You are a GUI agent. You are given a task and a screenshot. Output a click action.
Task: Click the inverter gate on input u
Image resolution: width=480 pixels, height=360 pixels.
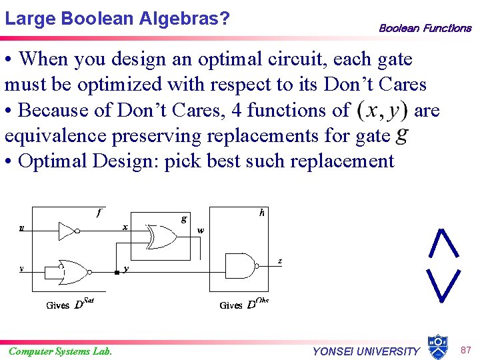point(68,231)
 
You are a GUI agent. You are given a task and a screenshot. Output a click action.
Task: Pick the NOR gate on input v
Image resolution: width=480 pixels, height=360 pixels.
point(73,270)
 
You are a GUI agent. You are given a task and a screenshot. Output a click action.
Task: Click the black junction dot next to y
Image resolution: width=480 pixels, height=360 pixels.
point(117,272)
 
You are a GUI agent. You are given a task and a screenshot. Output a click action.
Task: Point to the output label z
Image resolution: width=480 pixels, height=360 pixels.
point(280,261)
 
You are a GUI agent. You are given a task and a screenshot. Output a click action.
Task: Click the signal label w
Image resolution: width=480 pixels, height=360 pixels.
point(200,231)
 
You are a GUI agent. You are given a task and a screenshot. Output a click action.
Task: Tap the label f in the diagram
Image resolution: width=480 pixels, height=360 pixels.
point(99,213)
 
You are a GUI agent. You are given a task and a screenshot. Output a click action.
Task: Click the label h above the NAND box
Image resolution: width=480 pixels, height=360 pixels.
point(263,213)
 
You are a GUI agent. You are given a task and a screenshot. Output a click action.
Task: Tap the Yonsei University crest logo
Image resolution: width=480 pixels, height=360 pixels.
point(437,346)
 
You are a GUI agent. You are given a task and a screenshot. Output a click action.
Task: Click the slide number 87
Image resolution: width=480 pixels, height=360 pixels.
point(465,349)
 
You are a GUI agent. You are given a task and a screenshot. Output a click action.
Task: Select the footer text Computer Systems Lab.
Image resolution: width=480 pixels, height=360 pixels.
point(60,351)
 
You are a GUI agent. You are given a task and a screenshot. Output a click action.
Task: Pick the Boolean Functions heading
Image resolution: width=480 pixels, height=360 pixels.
point(425,28)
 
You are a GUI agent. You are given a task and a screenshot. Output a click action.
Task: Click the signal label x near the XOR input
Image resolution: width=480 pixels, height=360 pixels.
point(125,227)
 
